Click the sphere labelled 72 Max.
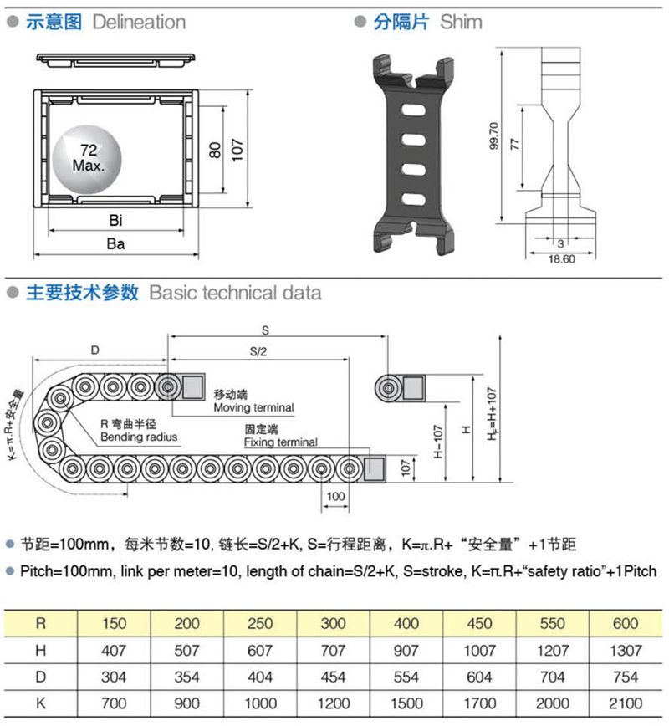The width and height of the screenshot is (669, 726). click(x=85, y=157)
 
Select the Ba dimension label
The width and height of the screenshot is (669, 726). click(x=116, y=244)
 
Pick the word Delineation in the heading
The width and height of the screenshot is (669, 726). click(x=140, y=22)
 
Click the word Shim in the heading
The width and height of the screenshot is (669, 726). click(x=461, y=22)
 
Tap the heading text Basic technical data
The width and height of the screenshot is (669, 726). click(x=235, y=294)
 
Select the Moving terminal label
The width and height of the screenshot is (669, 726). click(x=253, y=407)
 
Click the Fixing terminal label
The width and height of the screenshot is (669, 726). click(x=280, y=442)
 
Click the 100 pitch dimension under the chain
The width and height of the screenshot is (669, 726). click(x=335, y=497)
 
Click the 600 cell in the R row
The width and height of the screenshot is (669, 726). click(x=626, y=623)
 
